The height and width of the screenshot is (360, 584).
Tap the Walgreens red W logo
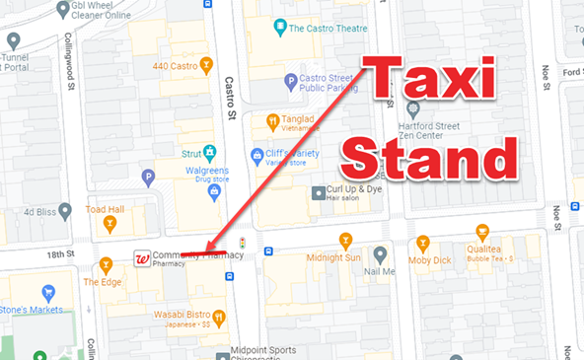(142, 259)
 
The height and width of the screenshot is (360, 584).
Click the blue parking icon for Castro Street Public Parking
(290, 81)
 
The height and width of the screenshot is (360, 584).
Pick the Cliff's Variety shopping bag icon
(256, 154)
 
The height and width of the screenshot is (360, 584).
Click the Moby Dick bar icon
(423, 242)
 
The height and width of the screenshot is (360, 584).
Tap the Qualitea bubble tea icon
(482, 233)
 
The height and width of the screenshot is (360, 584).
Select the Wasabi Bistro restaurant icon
(219, 318)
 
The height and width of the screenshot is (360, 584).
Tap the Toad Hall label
(104, 210)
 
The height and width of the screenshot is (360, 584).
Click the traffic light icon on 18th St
(242, 242)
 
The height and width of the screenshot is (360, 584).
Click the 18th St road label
(62, 254)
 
